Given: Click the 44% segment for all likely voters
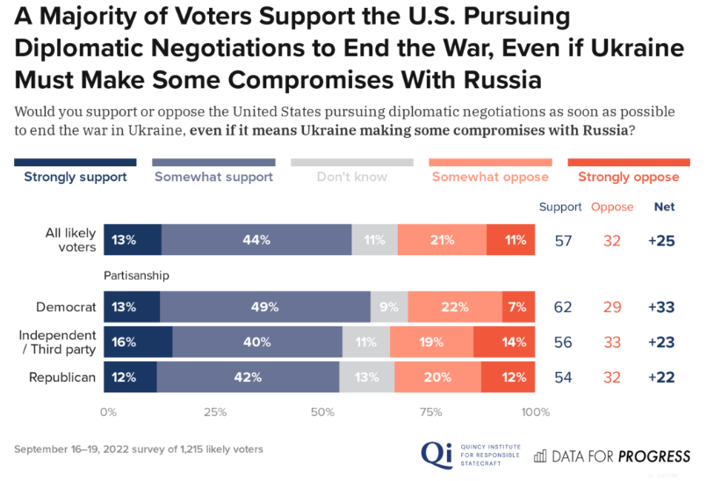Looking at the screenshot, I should [x=256, y=239].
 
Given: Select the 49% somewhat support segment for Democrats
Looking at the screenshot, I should [x=265, y=307].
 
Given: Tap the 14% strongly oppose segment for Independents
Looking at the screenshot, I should [x=504, y=342].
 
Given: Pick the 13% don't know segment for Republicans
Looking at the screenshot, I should [x=366, y=377].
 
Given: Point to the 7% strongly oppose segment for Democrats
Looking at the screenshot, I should [x=518, y=307].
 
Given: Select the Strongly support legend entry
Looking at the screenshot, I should [x=76, y=177].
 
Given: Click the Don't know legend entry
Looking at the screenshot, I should [x=352, y=177].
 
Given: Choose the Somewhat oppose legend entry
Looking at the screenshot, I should [x=490, y=177].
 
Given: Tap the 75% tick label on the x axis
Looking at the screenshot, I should [x=430, y=412].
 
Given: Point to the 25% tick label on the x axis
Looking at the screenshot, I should [x=215, y=412].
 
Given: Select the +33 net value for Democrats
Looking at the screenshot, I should [x=660, y=307].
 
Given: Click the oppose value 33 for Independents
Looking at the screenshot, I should [x=612, y=342].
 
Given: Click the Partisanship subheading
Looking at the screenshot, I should [x=136, y=274].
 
